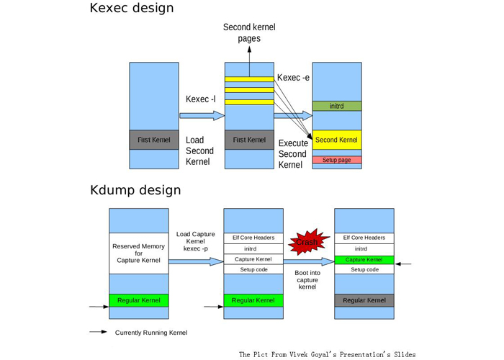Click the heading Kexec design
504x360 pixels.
[132, 9]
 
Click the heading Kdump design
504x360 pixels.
[135, 191]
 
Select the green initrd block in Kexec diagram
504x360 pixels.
[336, 106]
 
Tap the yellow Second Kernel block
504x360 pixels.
[336, 140]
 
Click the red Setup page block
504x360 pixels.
[336, 160]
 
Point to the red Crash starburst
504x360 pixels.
[307, 243]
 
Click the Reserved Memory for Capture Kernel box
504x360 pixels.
[138, 253]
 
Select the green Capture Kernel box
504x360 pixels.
[364, 259]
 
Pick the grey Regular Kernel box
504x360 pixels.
[364, 300]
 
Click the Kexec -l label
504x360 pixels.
[201, 99]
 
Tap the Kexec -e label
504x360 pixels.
[293, 78]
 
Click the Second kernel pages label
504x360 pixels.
[249, 33]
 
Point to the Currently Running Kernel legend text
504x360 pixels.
[151, 333]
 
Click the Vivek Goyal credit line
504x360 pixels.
[327, 354]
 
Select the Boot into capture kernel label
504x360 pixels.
[307, 280]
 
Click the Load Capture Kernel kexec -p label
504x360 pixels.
[195, 241]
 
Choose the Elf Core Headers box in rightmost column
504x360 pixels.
[364, 238]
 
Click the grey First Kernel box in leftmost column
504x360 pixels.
[154, 140]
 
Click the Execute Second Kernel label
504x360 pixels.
[292, 154]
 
